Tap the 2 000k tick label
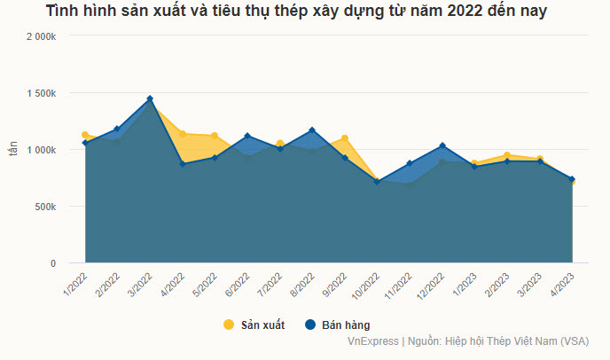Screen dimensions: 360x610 tap(42, 36)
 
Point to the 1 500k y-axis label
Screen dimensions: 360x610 tap(42, 93)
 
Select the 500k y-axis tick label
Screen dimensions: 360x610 tap(45, 207)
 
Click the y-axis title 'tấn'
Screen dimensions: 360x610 tap(13, 150)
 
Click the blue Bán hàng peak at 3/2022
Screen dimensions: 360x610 tap(150, 98)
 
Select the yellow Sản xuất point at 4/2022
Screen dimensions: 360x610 tap(183, 134)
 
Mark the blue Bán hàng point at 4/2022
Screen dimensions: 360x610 tap(183, 164)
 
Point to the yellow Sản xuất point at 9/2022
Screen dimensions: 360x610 tap(345, 138)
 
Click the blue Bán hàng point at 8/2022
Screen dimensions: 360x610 tap(312, 130)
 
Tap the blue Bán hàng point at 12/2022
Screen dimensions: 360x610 tap(442, 146)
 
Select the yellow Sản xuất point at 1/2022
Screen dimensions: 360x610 tap(85, 135)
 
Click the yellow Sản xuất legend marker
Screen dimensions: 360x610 tap(228, 325)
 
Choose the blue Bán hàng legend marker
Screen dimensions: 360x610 tap(310, 325)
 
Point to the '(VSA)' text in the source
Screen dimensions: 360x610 tap(574, 340)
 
